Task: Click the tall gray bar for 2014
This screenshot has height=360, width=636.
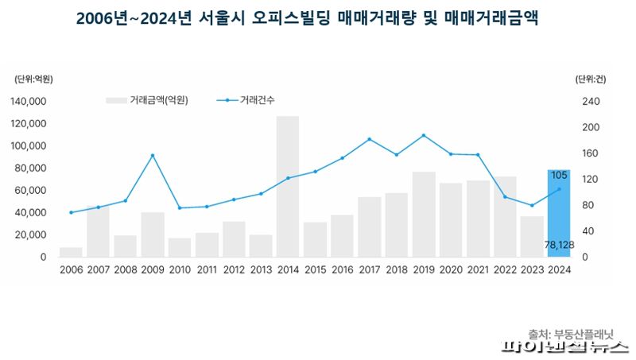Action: (288, 187)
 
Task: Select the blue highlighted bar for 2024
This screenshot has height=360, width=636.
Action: (559, 213)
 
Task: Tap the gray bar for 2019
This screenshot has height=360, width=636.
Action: (424, 215)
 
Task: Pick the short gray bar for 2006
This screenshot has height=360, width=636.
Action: (71, 252)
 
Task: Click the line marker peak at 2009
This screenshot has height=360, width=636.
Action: (153, 156)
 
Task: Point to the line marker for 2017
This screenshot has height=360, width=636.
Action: (370, 139)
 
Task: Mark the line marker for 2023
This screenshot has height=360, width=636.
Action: (532, 205)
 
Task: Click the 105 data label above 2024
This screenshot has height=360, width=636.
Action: (559, 175)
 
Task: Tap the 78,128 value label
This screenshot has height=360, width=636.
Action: (559, 245)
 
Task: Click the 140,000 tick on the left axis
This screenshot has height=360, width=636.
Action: (29, 102)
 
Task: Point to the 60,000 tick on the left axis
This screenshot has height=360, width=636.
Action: (31, 191)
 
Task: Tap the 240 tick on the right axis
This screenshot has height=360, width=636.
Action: (590, 102)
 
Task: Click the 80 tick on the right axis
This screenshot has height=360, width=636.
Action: (588, 205)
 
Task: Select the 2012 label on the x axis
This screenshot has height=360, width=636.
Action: (234, 269)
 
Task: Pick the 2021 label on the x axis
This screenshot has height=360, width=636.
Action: (478, 269)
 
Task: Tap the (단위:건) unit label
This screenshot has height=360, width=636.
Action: (591, 79)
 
